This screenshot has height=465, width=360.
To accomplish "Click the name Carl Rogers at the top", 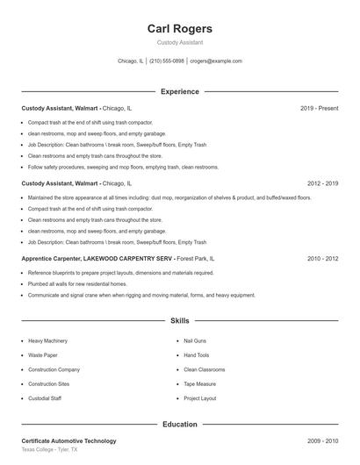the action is [x=179, y=29].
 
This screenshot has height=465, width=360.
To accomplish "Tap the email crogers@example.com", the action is [x=216, y=61].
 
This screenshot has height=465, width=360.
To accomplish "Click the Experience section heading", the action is [x=179, y=91].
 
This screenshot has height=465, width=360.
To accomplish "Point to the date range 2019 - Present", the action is [x=319, y=109].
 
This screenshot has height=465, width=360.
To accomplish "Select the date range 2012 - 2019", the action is [x=322, y=184].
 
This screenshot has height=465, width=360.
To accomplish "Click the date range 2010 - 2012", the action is [x=322, y=260].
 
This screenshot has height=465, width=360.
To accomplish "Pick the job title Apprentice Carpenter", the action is [x=51, y=260].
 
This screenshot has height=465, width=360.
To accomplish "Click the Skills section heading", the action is [x=179, y=321].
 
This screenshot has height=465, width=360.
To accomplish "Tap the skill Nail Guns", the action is [x=194, y=340].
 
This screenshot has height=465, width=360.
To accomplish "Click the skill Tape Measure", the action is [x=198, y=383].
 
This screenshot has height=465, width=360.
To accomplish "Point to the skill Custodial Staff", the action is [x=44, y=398].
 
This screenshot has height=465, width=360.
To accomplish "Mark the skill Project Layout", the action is [x=199, y=398].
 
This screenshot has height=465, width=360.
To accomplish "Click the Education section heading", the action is [x=179, y=425].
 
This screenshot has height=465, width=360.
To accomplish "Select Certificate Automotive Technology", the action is [x=68, y=441].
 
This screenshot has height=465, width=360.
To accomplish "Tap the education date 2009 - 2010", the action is [x=322, y=441].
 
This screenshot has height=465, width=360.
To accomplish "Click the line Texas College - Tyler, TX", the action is [x=49, y=450].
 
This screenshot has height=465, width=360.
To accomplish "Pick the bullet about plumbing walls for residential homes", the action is [x=77, y=284].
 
